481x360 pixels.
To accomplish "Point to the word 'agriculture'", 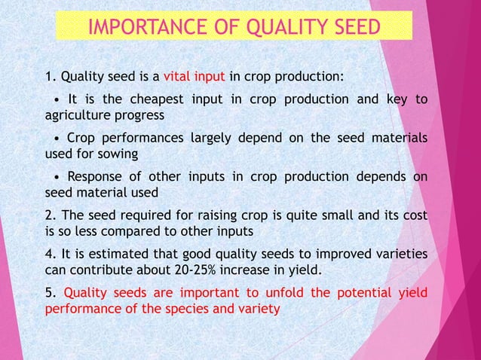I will [x=78, y=116].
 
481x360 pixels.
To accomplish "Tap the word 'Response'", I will [x=93, y=177].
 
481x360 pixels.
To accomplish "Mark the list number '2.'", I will [x=51, y=215].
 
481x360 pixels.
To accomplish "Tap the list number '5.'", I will [x=51, y=293].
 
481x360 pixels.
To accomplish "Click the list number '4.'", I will [x=51, y=254].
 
